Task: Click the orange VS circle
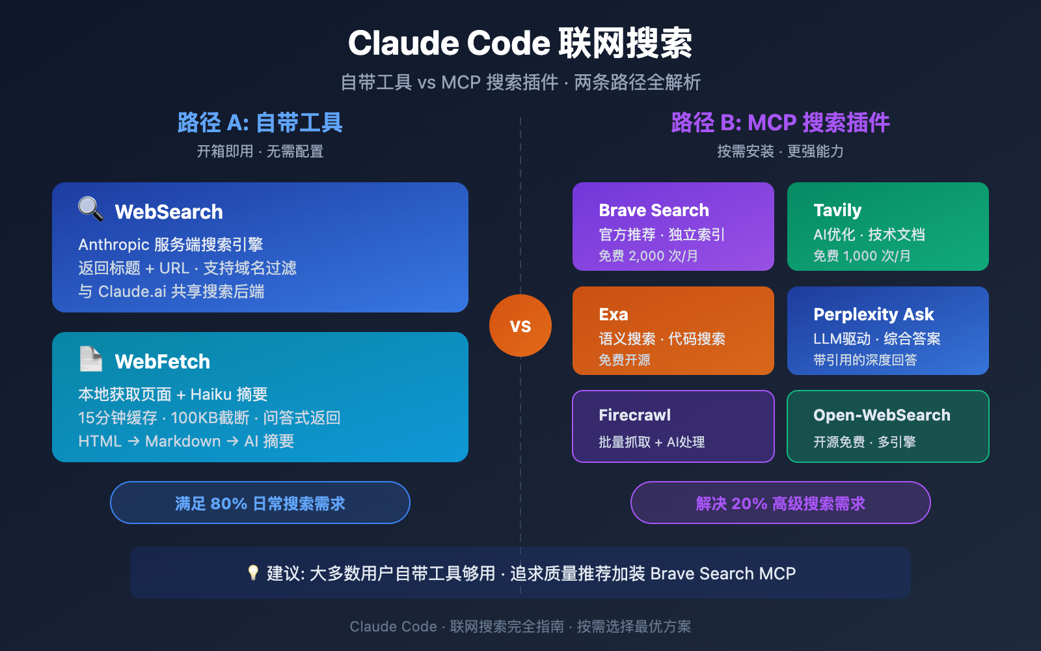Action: (520, 325)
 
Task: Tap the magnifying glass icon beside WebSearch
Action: (90, 209)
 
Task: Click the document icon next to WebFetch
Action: (90, 359)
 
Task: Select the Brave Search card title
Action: (653, 210)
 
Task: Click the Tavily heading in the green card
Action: (837, 210)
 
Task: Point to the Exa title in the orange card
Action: (613, 314)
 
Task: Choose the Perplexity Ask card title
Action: (873, 314)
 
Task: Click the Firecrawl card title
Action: (634, 415)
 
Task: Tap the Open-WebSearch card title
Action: (881, 415)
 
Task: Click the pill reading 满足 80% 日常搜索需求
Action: (260, 503)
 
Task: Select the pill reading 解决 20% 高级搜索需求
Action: (780, 503)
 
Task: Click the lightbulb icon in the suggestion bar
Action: (253, 573)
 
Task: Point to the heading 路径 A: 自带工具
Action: (260, 122)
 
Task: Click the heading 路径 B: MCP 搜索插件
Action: (780, 122)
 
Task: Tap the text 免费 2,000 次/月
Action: (648, 256)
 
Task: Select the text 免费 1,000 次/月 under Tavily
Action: (861, 256)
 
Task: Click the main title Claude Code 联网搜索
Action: (520, 44)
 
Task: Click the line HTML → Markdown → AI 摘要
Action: (186, 441)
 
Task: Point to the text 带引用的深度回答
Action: (865, 360)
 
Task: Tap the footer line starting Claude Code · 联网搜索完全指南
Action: (520, 626)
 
